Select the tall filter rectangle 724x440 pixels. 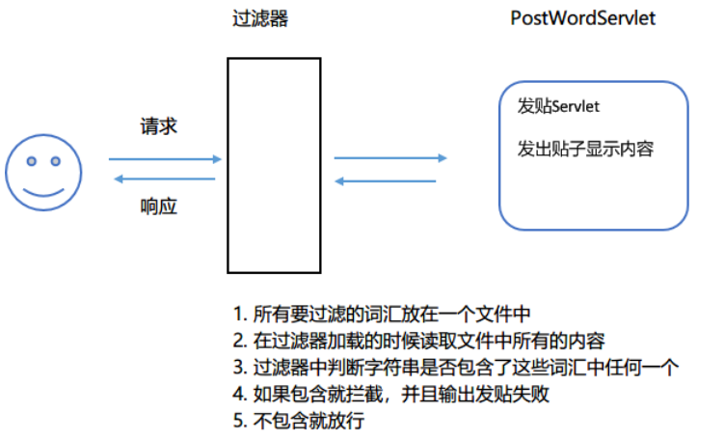pyautogui.click(x=274, y=164)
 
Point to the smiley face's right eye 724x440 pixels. pyautogui.click(x=55, y=160)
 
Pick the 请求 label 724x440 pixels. pyautogui.click(x=159, y=126)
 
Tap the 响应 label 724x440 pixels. pyautogui.click(x=159, y=206)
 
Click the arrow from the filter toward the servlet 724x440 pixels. pyautogui.click(x=390, y=157)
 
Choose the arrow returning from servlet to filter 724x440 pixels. pyautogui.click(x=386, y=180)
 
